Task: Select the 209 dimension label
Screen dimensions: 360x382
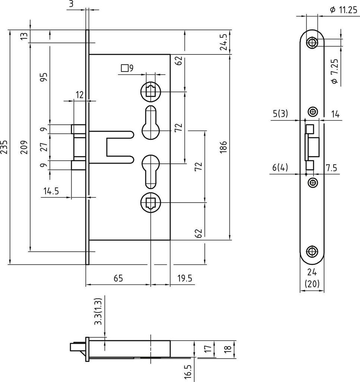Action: pos(23,147)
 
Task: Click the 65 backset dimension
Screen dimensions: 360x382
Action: pos(118,278)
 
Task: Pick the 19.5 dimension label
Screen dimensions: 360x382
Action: pos(184,278)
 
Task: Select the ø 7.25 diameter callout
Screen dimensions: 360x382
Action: pos(334,71)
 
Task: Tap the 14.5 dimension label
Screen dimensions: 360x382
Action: pos(51,191)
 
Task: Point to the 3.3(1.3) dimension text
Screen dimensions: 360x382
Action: pos(98,312)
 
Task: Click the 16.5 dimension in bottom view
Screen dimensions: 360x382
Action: pos(188,371)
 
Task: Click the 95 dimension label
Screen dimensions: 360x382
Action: pos(44,77)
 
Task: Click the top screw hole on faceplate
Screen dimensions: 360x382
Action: pos(312,43)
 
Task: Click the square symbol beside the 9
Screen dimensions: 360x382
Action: pos(125,68)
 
